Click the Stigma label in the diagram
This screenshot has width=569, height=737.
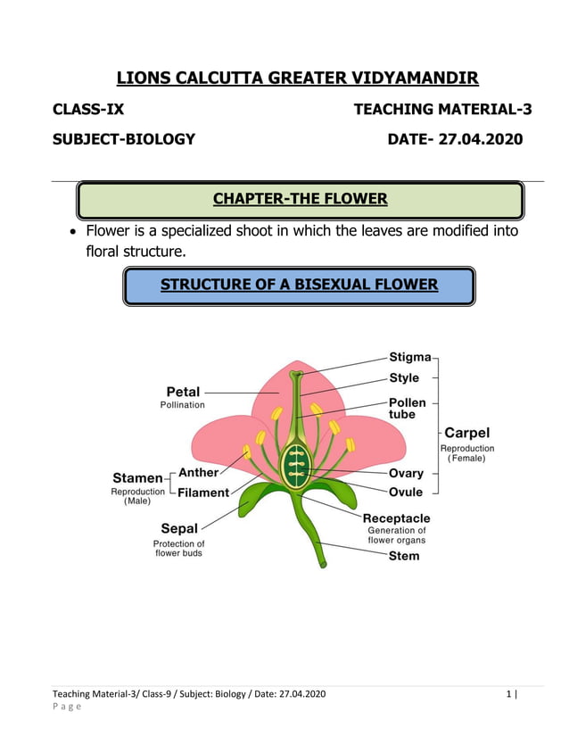(409, 358)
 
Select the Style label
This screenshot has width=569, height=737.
(404, 378)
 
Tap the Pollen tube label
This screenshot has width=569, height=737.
(407, 409)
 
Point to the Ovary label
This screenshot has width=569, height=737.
(406, 473)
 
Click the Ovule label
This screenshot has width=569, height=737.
(406, 492)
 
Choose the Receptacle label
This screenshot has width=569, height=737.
(396, 518)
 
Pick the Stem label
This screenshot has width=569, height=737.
(403, 556)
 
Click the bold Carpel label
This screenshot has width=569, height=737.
(466, 433)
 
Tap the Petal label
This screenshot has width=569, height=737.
(183, 391)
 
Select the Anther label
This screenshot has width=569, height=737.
(198, 472)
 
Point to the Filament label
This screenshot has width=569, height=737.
(203, 492)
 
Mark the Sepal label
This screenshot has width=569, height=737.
(179, 528)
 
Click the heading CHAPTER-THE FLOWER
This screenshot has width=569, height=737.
(300, 198)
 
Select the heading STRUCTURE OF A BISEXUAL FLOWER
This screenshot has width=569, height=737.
(299, 285)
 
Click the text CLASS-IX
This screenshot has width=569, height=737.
(88, 110)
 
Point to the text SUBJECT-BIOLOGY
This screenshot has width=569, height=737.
(123, 139)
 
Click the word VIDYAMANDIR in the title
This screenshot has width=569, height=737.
(408, 78)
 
